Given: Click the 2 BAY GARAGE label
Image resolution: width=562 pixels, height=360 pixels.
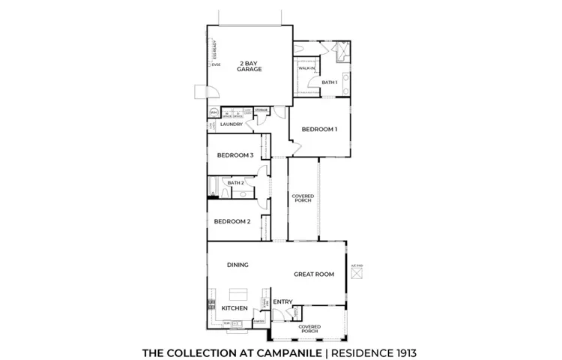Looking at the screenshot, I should tap(250, 66).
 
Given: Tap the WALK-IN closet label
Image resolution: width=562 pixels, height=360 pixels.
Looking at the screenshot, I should tap(306, 68).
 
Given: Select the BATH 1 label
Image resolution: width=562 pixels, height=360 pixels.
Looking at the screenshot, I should tap(330, 82).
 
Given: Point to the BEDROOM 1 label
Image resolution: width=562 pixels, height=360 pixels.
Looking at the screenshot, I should tap(319, 130).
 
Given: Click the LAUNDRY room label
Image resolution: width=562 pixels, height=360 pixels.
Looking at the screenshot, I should tap(231, 124).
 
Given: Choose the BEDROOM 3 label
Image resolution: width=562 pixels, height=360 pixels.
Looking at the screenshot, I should tap(235, 156).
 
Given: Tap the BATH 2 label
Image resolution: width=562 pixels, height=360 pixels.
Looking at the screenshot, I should tap(236, 183).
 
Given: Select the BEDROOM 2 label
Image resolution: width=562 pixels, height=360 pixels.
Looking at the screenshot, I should tap(232, 221).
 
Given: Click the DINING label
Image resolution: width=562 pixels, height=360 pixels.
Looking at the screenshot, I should tap(238, 265).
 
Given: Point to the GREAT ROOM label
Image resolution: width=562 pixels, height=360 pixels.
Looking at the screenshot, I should tap(314, 274).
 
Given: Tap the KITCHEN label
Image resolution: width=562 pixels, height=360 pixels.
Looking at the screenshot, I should tap(235, 308).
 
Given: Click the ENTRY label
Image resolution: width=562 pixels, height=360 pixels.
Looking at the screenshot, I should tap(282, 302).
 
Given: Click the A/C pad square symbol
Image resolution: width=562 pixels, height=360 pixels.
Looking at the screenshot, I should tap(357, 274).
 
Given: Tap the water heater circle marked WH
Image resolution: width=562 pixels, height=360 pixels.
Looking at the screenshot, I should tap(214, 113).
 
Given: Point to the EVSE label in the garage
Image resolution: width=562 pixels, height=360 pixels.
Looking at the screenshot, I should tap(216, 65).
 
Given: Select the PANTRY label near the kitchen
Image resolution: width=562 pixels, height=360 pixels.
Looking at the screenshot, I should tap(259, 322).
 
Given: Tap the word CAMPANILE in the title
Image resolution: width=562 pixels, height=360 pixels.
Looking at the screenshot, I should tap(286, 351).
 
